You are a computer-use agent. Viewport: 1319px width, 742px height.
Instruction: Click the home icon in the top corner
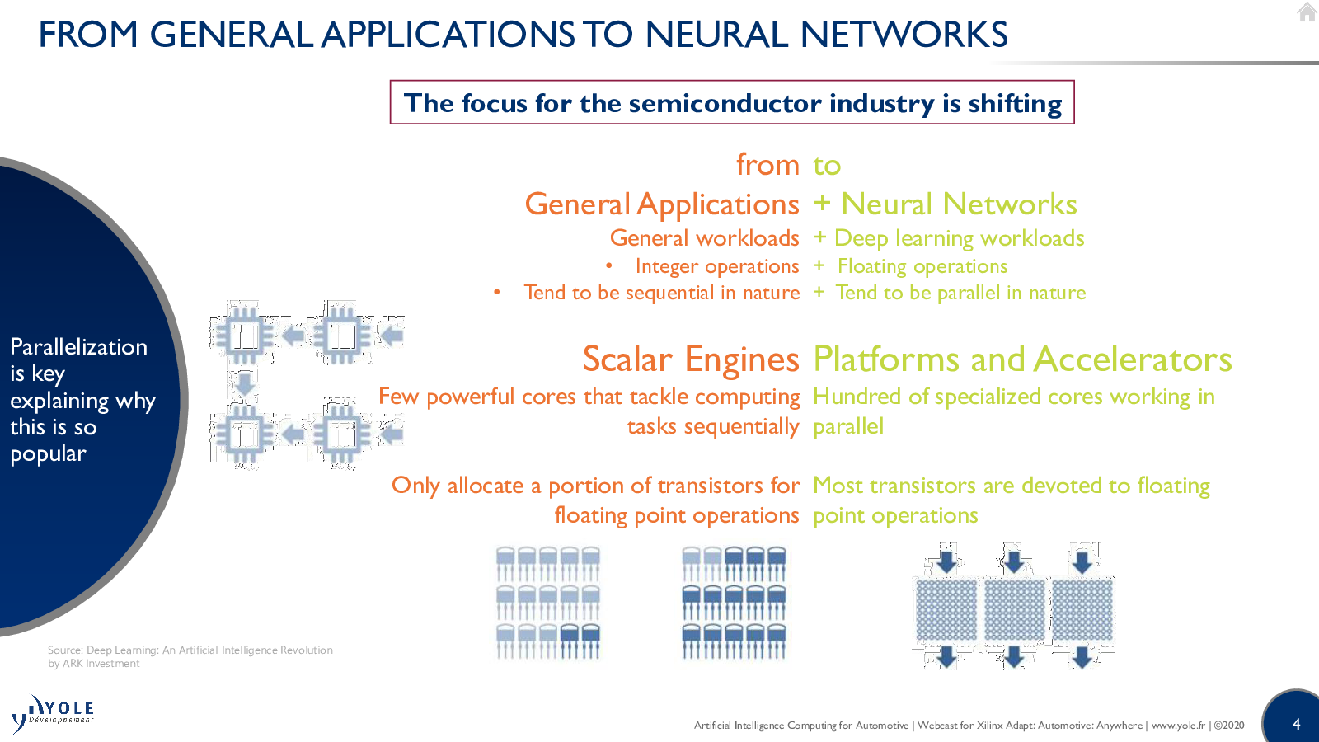1307,12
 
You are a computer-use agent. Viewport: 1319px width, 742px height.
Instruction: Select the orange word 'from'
767,164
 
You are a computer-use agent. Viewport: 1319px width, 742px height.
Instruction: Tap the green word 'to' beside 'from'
827,166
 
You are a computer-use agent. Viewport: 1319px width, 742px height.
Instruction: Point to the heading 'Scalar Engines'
691,359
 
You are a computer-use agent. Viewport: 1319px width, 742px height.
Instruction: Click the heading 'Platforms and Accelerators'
1022,359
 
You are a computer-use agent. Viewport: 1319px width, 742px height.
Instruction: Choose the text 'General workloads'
704,238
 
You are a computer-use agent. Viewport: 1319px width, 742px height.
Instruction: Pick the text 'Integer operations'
717,267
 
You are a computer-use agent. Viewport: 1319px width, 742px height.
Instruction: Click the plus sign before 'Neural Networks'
821,204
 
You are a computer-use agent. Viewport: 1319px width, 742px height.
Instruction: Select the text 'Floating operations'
922,267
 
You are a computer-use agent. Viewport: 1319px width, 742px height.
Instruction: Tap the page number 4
1296,724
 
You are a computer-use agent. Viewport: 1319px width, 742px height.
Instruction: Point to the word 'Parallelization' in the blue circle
78,347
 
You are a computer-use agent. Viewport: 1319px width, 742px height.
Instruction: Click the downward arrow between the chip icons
244,384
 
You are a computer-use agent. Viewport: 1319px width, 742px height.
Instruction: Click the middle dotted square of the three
1014,610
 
